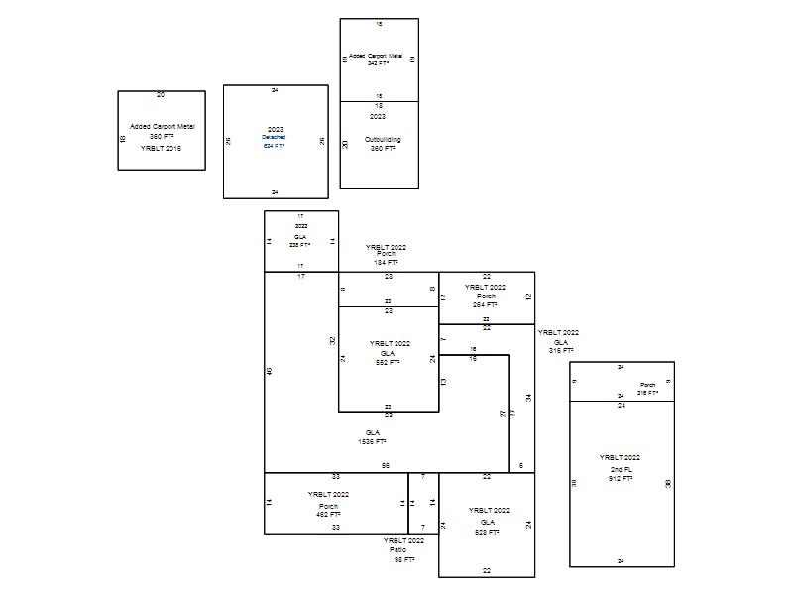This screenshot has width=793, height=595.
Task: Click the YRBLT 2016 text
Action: (x=162, y=148)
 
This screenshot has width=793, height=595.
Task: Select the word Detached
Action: (x=275, y=138)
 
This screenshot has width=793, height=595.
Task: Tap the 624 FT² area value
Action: (x=275, y=146)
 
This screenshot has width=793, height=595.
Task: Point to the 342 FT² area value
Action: (x=378, y=63)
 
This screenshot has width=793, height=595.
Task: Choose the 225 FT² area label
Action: (x=300, y=244)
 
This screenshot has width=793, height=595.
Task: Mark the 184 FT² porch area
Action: (x=386, y=262)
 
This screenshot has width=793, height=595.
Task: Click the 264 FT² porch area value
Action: (x=486, y=304)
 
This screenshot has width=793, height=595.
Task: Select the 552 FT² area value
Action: (x=388, y=363)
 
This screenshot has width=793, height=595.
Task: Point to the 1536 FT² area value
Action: (x=373, y=442)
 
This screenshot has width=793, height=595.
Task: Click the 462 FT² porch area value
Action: (x=328, y=515)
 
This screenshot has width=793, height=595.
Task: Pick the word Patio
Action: (x=397, y=549)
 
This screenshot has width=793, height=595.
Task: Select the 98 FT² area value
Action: (x=403, y=559)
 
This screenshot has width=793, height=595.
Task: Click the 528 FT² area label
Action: (x=487, y=532)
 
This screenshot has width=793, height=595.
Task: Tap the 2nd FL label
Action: (x=621, y=468)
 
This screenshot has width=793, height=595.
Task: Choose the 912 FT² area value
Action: (x=621, y=479)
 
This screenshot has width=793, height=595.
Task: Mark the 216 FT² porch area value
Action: (x=648, y=393)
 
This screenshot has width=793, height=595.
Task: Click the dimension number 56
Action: (x=386, y=465)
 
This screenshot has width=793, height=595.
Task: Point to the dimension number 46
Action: (x=269, y=371)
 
